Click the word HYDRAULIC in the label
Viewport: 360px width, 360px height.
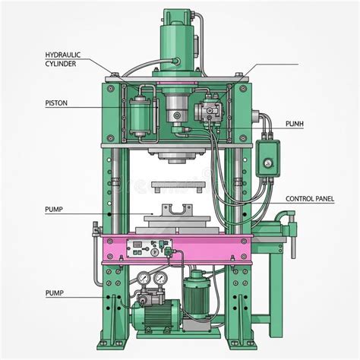click(63, 55)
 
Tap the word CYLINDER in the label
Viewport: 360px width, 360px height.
click(61, 64)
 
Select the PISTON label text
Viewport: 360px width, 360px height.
click(56, 103)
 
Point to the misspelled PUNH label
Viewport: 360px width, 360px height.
click(295, 124)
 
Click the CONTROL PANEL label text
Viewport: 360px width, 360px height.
click(310, 199)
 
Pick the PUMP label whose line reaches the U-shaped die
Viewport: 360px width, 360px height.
click(54, 210)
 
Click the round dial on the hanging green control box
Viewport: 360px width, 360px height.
click(267, 163)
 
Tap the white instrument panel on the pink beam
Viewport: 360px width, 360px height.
click(150, 248)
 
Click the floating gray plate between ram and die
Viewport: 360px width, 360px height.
click(177, 186)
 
